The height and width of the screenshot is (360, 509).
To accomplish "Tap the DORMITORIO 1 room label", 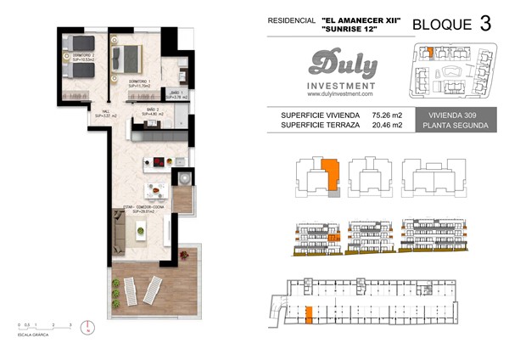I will (x=139, y=83).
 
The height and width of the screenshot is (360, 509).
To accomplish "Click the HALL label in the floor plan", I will (x=105, y=113).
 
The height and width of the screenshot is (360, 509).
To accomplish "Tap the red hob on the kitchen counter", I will (x=158, y=162).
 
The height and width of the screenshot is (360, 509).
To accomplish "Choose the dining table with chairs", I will (x=156, y=191).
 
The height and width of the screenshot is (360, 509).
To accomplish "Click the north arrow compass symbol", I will (x=87, y=326).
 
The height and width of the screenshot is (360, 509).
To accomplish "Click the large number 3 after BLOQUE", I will (x=484, y=23).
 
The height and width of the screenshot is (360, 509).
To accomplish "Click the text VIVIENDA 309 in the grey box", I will (x=457, y=115).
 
